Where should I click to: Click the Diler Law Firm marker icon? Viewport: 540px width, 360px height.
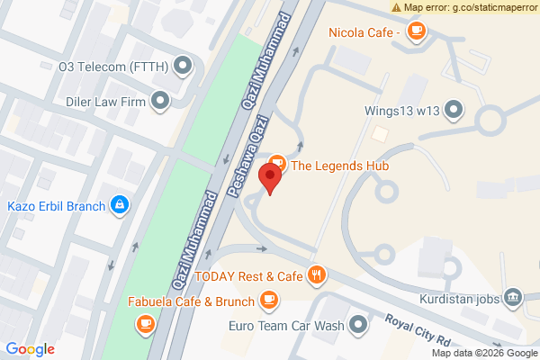(x=161, y=102)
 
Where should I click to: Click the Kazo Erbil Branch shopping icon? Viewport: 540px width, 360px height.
(x=118, y=205)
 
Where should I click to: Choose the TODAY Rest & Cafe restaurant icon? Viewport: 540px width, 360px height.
(x=315, y=274)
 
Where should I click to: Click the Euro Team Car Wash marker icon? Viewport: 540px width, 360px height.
(x=360, y=324)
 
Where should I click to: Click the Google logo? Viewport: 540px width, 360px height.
(x=31, y=350)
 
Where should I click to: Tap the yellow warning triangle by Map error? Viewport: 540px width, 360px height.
(x=397, y=7)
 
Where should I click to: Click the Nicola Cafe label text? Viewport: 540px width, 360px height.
(x=364, y=33)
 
